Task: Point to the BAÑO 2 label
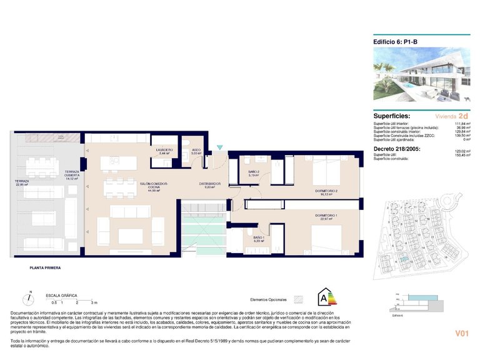tap(253, 172)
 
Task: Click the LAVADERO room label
tap(164, 151)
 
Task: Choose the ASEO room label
tap(196, 151)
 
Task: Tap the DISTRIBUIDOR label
tap(211, 184)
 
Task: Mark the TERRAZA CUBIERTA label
tap(72, 174)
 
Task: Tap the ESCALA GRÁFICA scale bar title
tap(59, 295)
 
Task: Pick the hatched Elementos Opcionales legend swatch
tap(298, 299)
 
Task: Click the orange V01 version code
tap(462, 334)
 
